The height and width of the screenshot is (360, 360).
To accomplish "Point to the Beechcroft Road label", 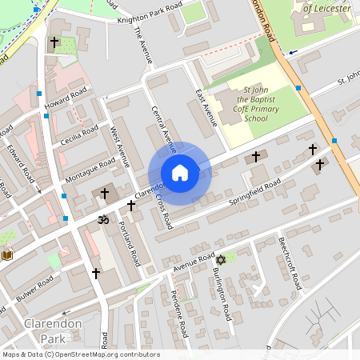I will point(289,264).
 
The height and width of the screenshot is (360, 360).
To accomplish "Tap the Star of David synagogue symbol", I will point(221,259).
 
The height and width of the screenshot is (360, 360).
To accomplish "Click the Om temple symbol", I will point(102,218).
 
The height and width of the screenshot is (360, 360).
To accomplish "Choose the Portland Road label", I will point(130,245).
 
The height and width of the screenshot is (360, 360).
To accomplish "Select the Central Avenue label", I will point(163,128).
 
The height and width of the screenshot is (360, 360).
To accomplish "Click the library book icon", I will point(7,255).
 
